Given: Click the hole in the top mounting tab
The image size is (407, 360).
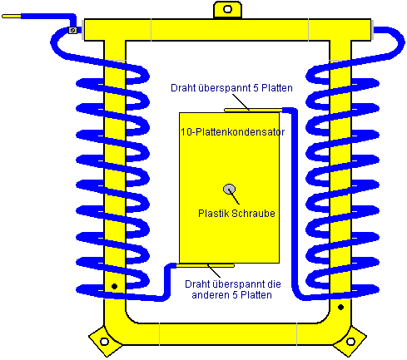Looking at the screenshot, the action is [227, 9].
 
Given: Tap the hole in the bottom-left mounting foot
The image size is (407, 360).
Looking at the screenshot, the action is [104, 342].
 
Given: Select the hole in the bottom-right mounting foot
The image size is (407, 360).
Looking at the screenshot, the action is [350, 342].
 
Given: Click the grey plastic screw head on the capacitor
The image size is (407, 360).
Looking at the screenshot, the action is [229, 190].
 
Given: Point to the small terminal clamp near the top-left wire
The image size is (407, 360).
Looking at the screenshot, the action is [72, 30].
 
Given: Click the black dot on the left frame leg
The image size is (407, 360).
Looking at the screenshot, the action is [114, 286].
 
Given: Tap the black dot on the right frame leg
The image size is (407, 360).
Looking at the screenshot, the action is [341, 307].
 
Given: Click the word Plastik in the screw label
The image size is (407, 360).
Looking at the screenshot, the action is [213, 214].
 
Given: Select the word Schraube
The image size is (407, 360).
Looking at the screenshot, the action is [253, 214].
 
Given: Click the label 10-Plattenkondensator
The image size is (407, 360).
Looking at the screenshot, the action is [232, 132].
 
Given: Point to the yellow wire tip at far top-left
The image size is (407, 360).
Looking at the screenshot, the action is [12, 17].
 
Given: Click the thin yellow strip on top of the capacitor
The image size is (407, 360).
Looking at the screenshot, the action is [253, 111].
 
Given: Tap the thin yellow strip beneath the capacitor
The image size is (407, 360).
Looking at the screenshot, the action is [206, 265].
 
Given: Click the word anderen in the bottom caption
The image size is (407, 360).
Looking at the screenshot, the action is [211, 295].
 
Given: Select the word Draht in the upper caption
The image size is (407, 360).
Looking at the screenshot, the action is [181, 88].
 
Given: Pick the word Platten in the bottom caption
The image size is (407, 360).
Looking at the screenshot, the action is [256, 295].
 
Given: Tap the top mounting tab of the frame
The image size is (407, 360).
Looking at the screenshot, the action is [227, 10].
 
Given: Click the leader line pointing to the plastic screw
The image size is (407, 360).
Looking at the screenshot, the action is [234, 196].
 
